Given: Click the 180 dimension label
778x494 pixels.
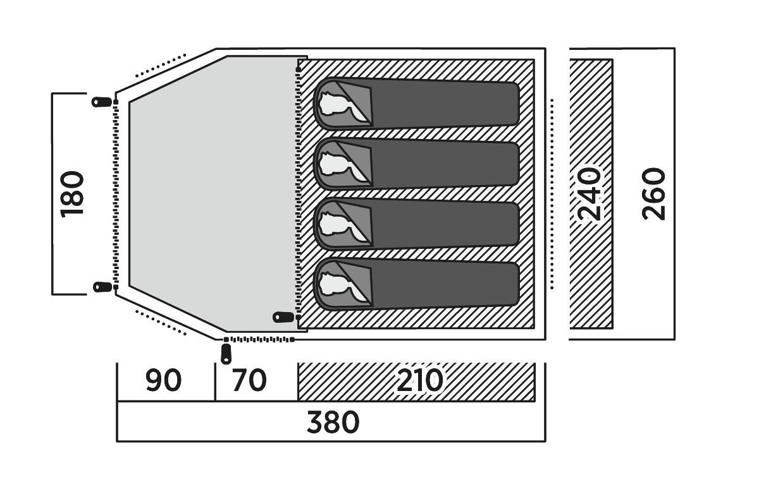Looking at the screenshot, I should (x=73, y=194).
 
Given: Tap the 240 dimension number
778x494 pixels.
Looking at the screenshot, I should (x=590, y=194).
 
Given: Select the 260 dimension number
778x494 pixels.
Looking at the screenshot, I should (x=654, y=194).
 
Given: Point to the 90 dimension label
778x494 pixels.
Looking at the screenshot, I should (x=163, y=381).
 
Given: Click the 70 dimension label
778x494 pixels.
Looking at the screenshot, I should (x=249, y=381).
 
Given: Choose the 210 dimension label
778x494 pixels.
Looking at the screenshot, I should (x=419, y=381).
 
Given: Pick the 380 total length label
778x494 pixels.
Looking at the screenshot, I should (x=333, y=423).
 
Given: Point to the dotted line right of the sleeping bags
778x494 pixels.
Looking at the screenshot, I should (x=552, y=194).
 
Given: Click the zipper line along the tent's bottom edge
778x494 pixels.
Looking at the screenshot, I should (x=259, y=340).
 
